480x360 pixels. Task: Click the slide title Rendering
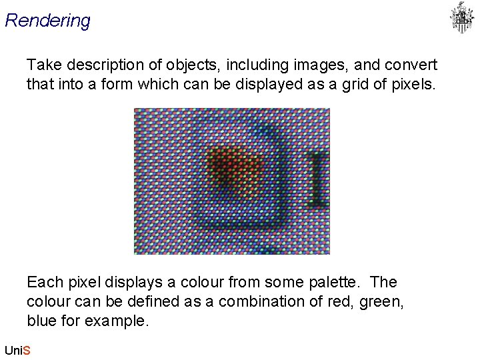[47, 21]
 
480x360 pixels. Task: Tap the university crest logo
[461, 17]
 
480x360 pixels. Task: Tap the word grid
[347, 85]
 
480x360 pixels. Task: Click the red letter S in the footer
[27, 350]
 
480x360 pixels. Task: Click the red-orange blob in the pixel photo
[231, 167]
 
